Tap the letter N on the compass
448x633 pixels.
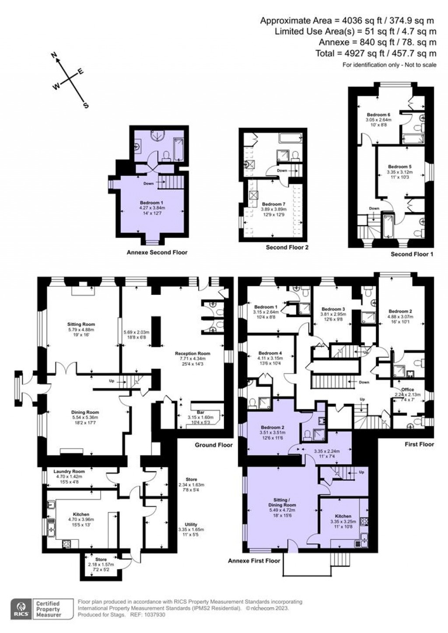tap(55, 55)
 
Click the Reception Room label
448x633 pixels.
tap(192, 353)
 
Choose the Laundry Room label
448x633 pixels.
tap(69, 471)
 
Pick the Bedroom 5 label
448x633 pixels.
tap(399, 167)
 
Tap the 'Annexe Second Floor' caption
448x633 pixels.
tap(157, 252)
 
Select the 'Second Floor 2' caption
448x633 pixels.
tap(287, 248)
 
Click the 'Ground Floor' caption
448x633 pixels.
tap(213, 445)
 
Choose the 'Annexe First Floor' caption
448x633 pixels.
tap(254, 560)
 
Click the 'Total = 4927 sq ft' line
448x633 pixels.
tap(376, 53)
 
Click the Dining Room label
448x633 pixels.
tap(85, 412)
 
